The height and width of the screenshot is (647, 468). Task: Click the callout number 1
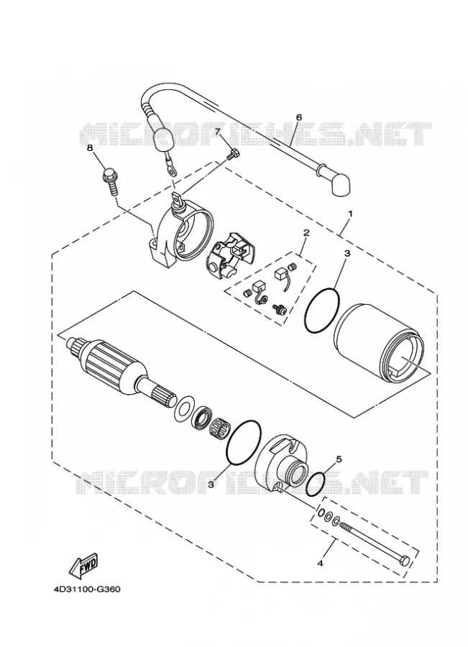tap(350, 214)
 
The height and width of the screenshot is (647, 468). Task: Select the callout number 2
tap(306, 233)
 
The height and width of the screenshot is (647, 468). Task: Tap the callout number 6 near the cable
tap(299, 117)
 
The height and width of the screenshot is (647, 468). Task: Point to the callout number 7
tap(218, 132)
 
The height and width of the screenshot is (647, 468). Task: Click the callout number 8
tap(91, 147)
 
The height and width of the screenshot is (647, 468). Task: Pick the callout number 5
tap(339, 459)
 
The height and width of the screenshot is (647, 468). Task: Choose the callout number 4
tap(320, 563)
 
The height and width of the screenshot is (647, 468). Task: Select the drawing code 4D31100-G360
tap(87, 589)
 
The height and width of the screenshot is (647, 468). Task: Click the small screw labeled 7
tap(234, 154)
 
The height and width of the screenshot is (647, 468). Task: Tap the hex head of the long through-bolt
tap(405, 561)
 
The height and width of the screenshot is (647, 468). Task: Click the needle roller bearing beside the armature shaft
tap(219, 426)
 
